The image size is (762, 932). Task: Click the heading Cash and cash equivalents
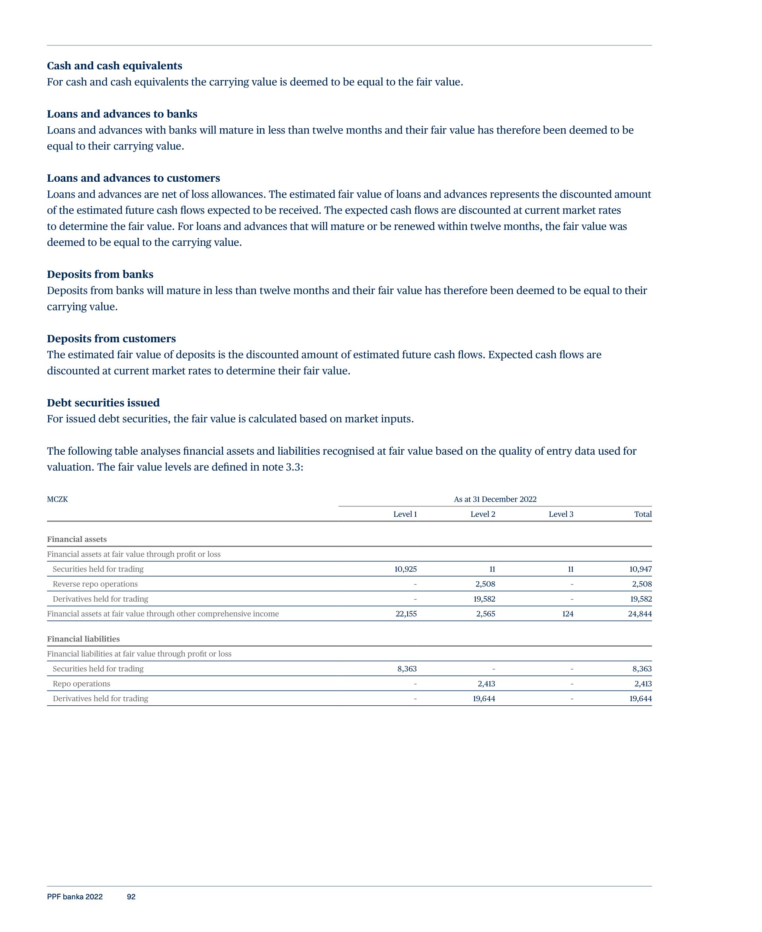(114, 66)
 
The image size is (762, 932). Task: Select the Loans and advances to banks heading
(122, 114)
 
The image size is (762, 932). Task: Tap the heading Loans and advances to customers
(133, 179)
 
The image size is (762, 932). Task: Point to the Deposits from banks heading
(100, 275)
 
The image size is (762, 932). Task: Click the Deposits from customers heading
(111, 339)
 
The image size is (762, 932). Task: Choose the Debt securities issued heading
(103, 403)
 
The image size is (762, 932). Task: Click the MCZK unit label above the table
(57, 499)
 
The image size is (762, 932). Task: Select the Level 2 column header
(483, 514)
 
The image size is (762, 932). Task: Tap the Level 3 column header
(561, 514)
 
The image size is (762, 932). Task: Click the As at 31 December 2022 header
(495, 499)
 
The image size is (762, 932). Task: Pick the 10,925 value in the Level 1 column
(405, 569)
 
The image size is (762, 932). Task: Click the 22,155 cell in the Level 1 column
(406, 614)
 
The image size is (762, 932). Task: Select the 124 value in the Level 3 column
(568, 614)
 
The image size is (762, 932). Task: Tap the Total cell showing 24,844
(639, 614)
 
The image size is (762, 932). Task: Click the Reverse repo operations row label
(95, 584)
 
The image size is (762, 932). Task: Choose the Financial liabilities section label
(83, 639)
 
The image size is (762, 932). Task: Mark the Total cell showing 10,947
(641, 569)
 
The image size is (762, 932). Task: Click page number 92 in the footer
(131, 897)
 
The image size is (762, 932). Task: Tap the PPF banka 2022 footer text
(74, 897)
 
